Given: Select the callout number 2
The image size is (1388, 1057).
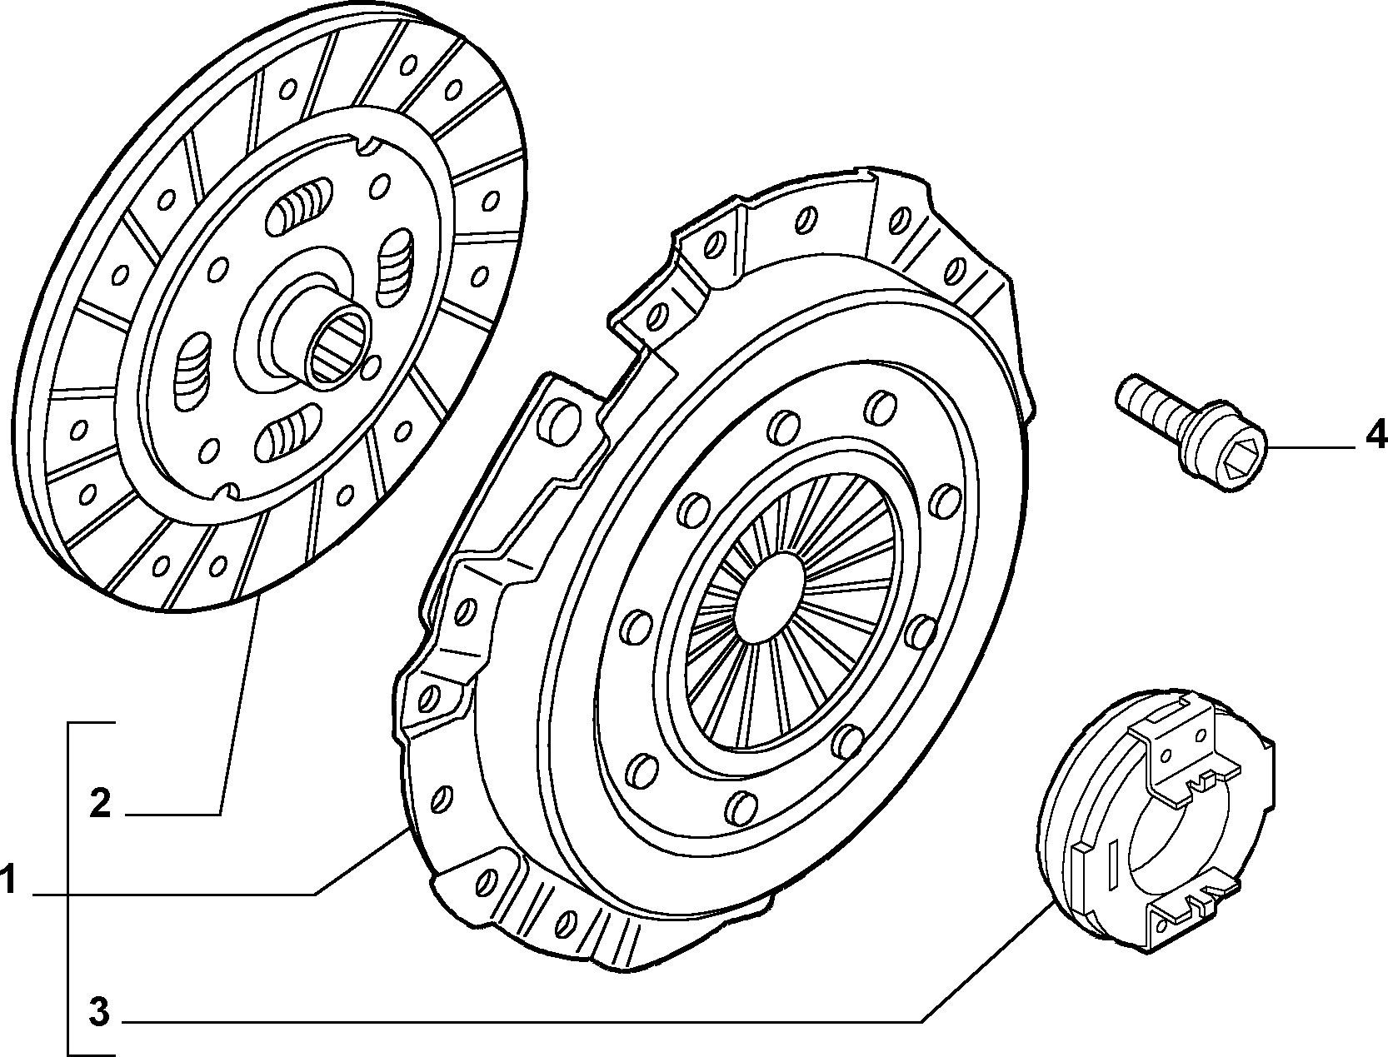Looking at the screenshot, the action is pyautogui.click(x=100, y=804).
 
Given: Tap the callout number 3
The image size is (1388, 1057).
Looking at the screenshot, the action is pyautogui.click(x=99, y=1012).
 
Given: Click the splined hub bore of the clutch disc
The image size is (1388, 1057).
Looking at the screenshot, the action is pyautogui.click(x=337, y=346).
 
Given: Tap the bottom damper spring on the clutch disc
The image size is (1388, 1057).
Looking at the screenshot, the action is pyautogui.click(x=287, y=432).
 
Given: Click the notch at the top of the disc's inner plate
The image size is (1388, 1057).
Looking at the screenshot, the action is pyautogui.click(x=369, y=146).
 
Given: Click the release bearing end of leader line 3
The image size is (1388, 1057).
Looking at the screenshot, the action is pyautogui.click(x=1052, y=904).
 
